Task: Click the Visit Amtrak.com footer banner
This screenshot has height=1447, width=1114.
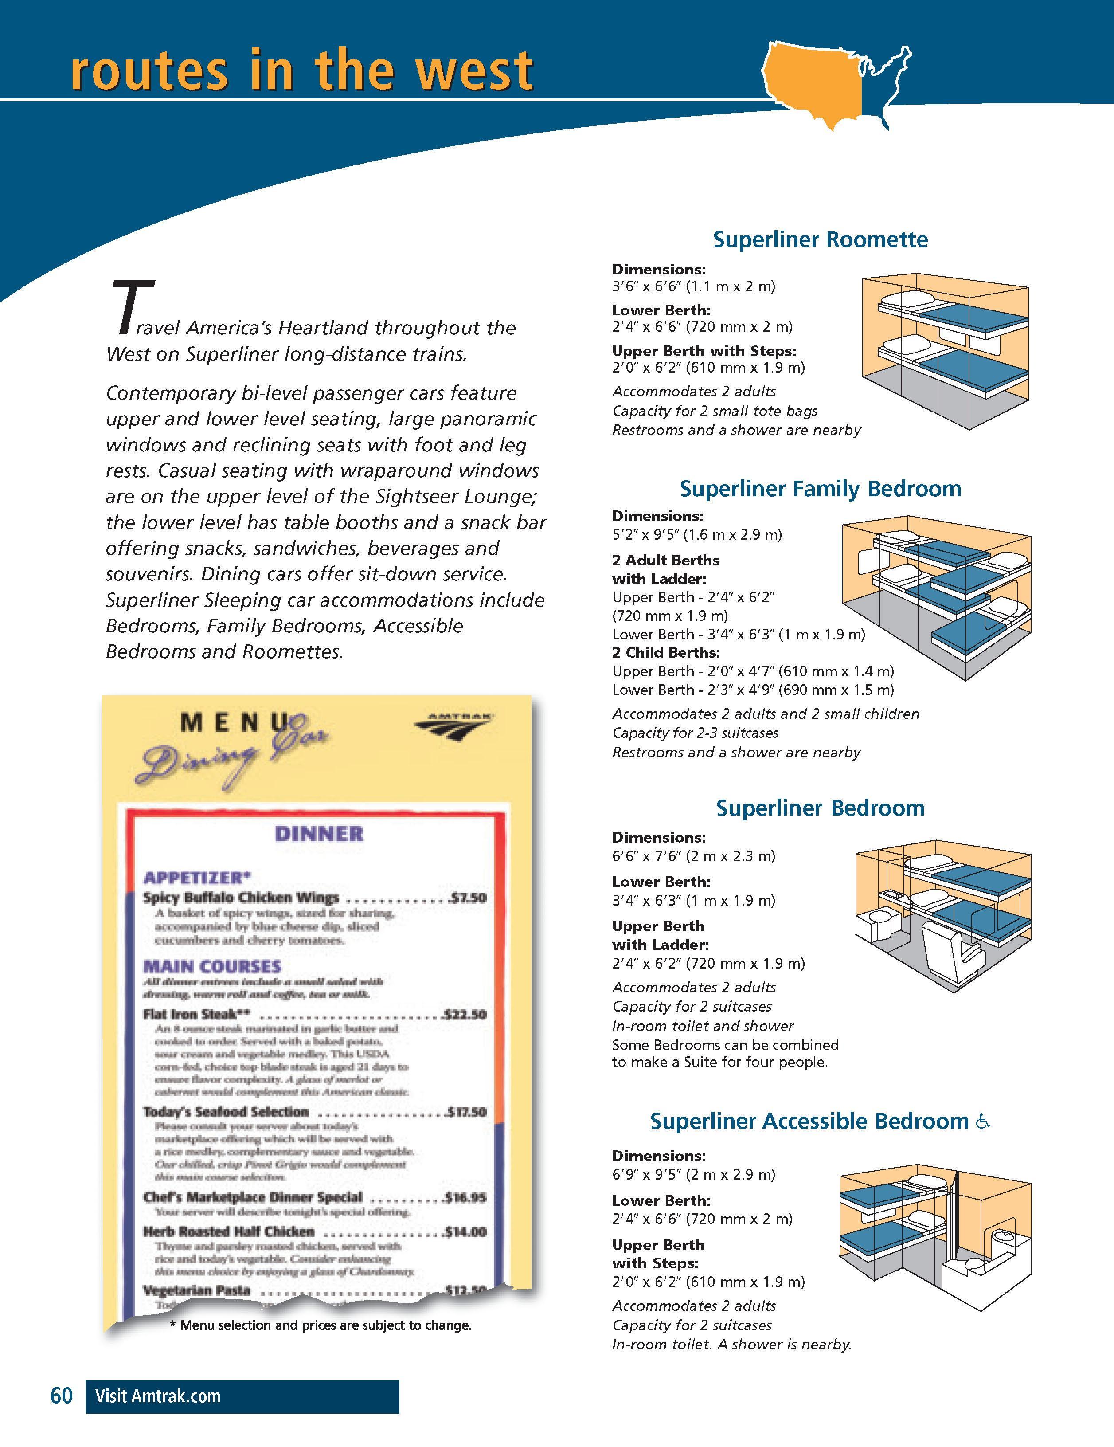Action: click(x=242, y=1396)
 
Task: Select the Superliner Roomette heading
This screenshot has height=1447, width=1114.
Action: click(x=820, y=239)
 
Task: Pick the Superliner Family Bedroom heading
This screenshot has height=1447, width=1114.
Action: click(x=820, y=489)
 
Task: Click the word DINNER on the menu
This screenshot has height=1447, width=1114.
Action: click(x=319, y=834)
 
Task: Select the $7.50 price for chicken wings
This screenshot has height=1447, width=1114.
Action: click(x=468, y=898)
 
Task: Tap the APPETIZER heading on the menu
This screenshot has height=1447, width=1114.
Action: click(x=197, y=878)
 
